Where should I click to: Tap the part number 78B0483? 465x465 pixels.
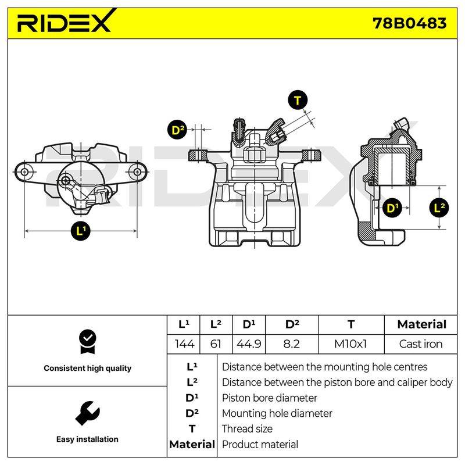(x=409, y=23)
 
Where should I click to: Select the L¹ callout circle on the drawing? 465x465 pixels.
(x=80, y=231)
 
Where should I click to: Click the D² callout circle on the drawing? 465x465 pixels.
(x=177, y=130)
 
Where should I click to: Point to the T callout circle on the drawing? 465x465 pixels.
(x=298, y=100)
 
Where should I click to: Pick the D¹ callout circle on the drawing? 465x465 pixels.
(x=392, y=208)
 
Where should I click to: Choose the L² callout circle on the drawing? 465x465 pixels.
(x=439, y=208)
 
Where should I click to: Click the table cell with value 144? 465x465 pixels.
(x=184, y=344)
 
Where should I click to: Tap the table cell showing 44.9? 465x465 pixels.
(x=249, y=344)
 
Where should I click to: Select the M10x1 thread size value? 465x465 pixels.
(x=350, y=344)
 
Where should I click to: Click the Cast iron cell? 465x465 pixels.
(x=420, y=344)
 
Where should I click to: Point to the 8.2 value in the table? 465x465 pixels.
(x=291, y=344)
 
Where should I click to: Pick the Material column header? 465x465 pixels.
(x=421, y=324)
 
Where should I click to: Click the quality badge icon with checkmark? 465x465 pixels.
(x=88, y=342)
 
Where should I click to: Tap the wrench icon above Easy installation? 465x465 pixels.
(x=88, y=413)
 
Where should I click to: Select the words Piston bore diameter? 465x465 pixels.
(x=269, y=398)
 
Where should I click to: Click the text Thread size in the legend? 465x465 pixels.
(x=247, y=429)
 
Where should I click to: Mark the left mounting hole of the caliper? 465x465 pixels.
(x=25, y=171)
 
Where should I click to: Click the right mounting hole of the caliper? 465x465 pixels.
(x=137, y=171)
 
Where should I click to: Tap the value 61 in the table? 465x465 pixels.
(x=216, y=344)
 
